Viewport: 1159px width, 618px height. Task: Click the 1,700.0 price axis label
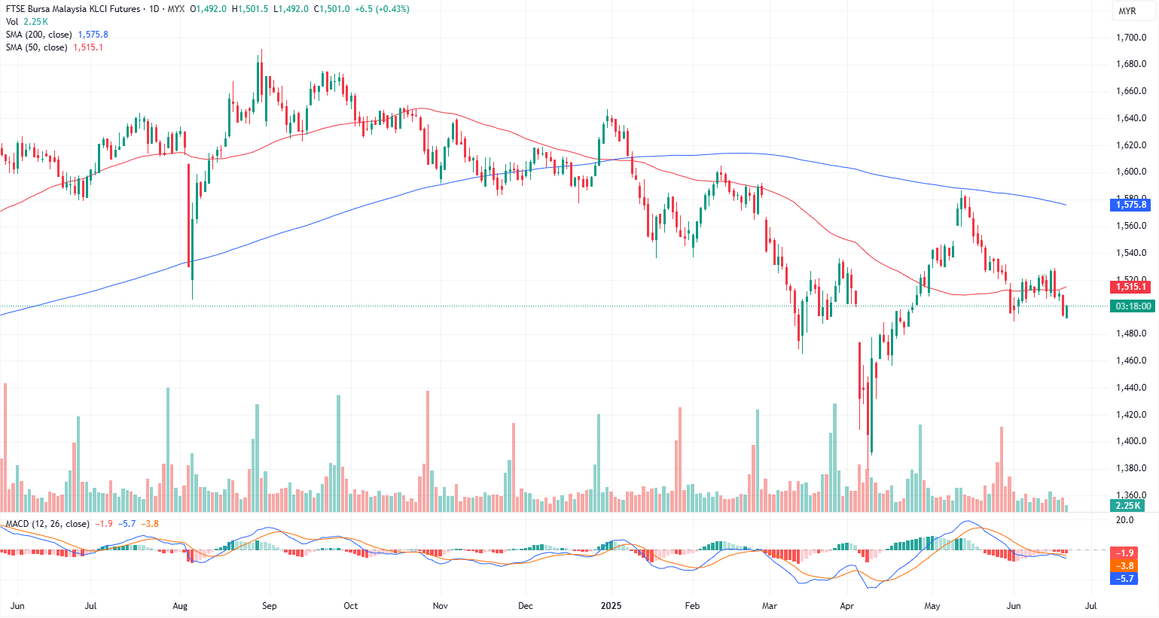(x=1130, y=37)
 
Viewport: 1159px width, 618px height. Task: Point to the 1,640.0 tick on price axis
(x=1130, y=118)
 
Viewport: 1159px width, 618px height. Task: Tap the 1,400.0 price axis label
(x=1130, y=441)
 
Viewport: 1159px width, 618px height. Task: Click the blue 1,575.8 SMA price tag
(x=1130, y=205)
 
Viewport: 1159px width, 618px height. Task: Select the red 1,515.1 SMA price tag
(x=1130, y=287)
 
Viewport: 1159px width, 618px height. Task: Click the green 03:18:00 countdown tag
(x=1133, y=306)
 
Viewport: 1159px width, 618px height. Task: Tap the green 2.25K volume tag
(x=1128, y=506)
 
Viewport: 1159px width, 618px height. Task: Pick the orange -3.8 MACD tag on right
(x=1125, y=566)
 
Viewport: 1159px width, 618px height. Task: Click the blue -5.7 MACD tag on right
(x=1125, y=579)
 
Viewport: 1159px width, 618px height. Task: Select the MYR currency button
(x=1127, y=11)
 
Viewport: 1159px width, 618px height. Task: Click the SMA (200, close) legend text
(x=39, y=35)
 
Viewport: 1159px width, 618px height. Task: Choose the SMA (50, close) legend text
(x=36, y=47)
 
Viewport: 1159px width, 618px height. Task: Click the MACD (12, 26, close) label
(x=47, y=524)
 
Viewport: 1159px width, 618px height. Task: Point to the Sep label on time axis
(x=269, y=606)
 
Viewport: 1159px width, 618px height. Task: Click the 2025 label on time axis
(x=611, y=606)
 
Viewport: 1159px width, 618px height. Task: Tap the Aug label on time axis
(x=180, y=606)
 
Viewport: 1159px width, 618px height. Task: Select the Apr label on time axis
(x=847, y=606)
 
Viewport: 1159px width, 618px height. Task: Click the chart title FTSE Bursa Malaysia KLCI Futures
(x=73, y=9)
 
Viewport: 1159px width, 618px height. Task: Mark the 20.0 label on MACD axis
(x=1124, y=520)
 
